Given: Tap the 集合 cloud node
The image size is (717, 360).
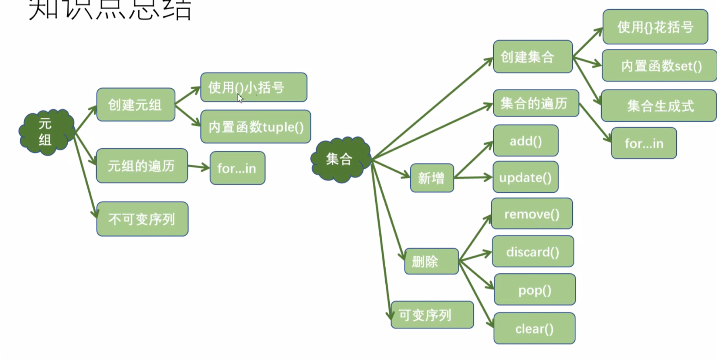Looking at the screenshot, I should (340, 159).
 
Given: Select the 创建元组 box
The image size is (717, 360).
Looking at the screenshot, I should (135, 105).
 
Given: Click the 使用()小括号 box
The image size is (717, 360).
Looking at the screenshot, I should (254, 87).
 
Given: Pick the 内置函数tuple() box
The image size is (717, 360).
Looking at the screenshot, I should (256, 127).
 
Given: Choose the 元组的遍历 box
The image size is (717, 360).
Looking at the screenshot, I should (141, 166).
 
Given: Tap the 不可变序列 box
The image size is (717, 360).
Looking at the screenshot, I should (142, 219).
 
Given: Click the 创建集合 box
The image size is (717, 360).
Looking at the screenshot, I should (532, 57).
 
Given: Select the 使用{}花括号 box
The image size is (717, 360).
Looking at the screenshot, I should (655, 27).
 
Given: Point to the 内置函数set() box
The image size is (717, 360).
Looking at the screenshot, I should (659, 66).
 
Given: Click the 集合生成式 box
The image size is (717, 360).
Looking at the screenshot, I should (659, 106).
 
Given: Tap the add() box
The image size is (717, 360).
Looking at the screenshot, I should (526, 141).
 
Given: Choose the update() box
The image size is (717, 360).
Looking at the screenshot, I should (525, 177).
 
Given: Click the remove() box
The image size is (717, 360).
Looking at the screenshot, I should (532, 214).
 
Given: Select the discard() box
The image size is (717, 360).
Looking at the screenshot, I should (532, 252).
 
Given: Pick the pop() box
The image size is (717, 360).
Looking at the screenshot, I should (534, 289).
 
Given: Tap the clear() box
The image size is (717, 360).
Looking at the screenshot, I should (534, 329).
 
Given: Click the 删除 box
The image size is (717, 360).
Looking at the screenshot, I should (431, 262).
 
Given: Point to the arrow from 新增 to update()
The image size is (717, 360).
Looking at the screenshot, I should (473, 177).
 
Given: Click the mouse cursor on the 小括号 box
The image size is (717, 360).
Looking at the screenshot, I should (240, 98).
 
